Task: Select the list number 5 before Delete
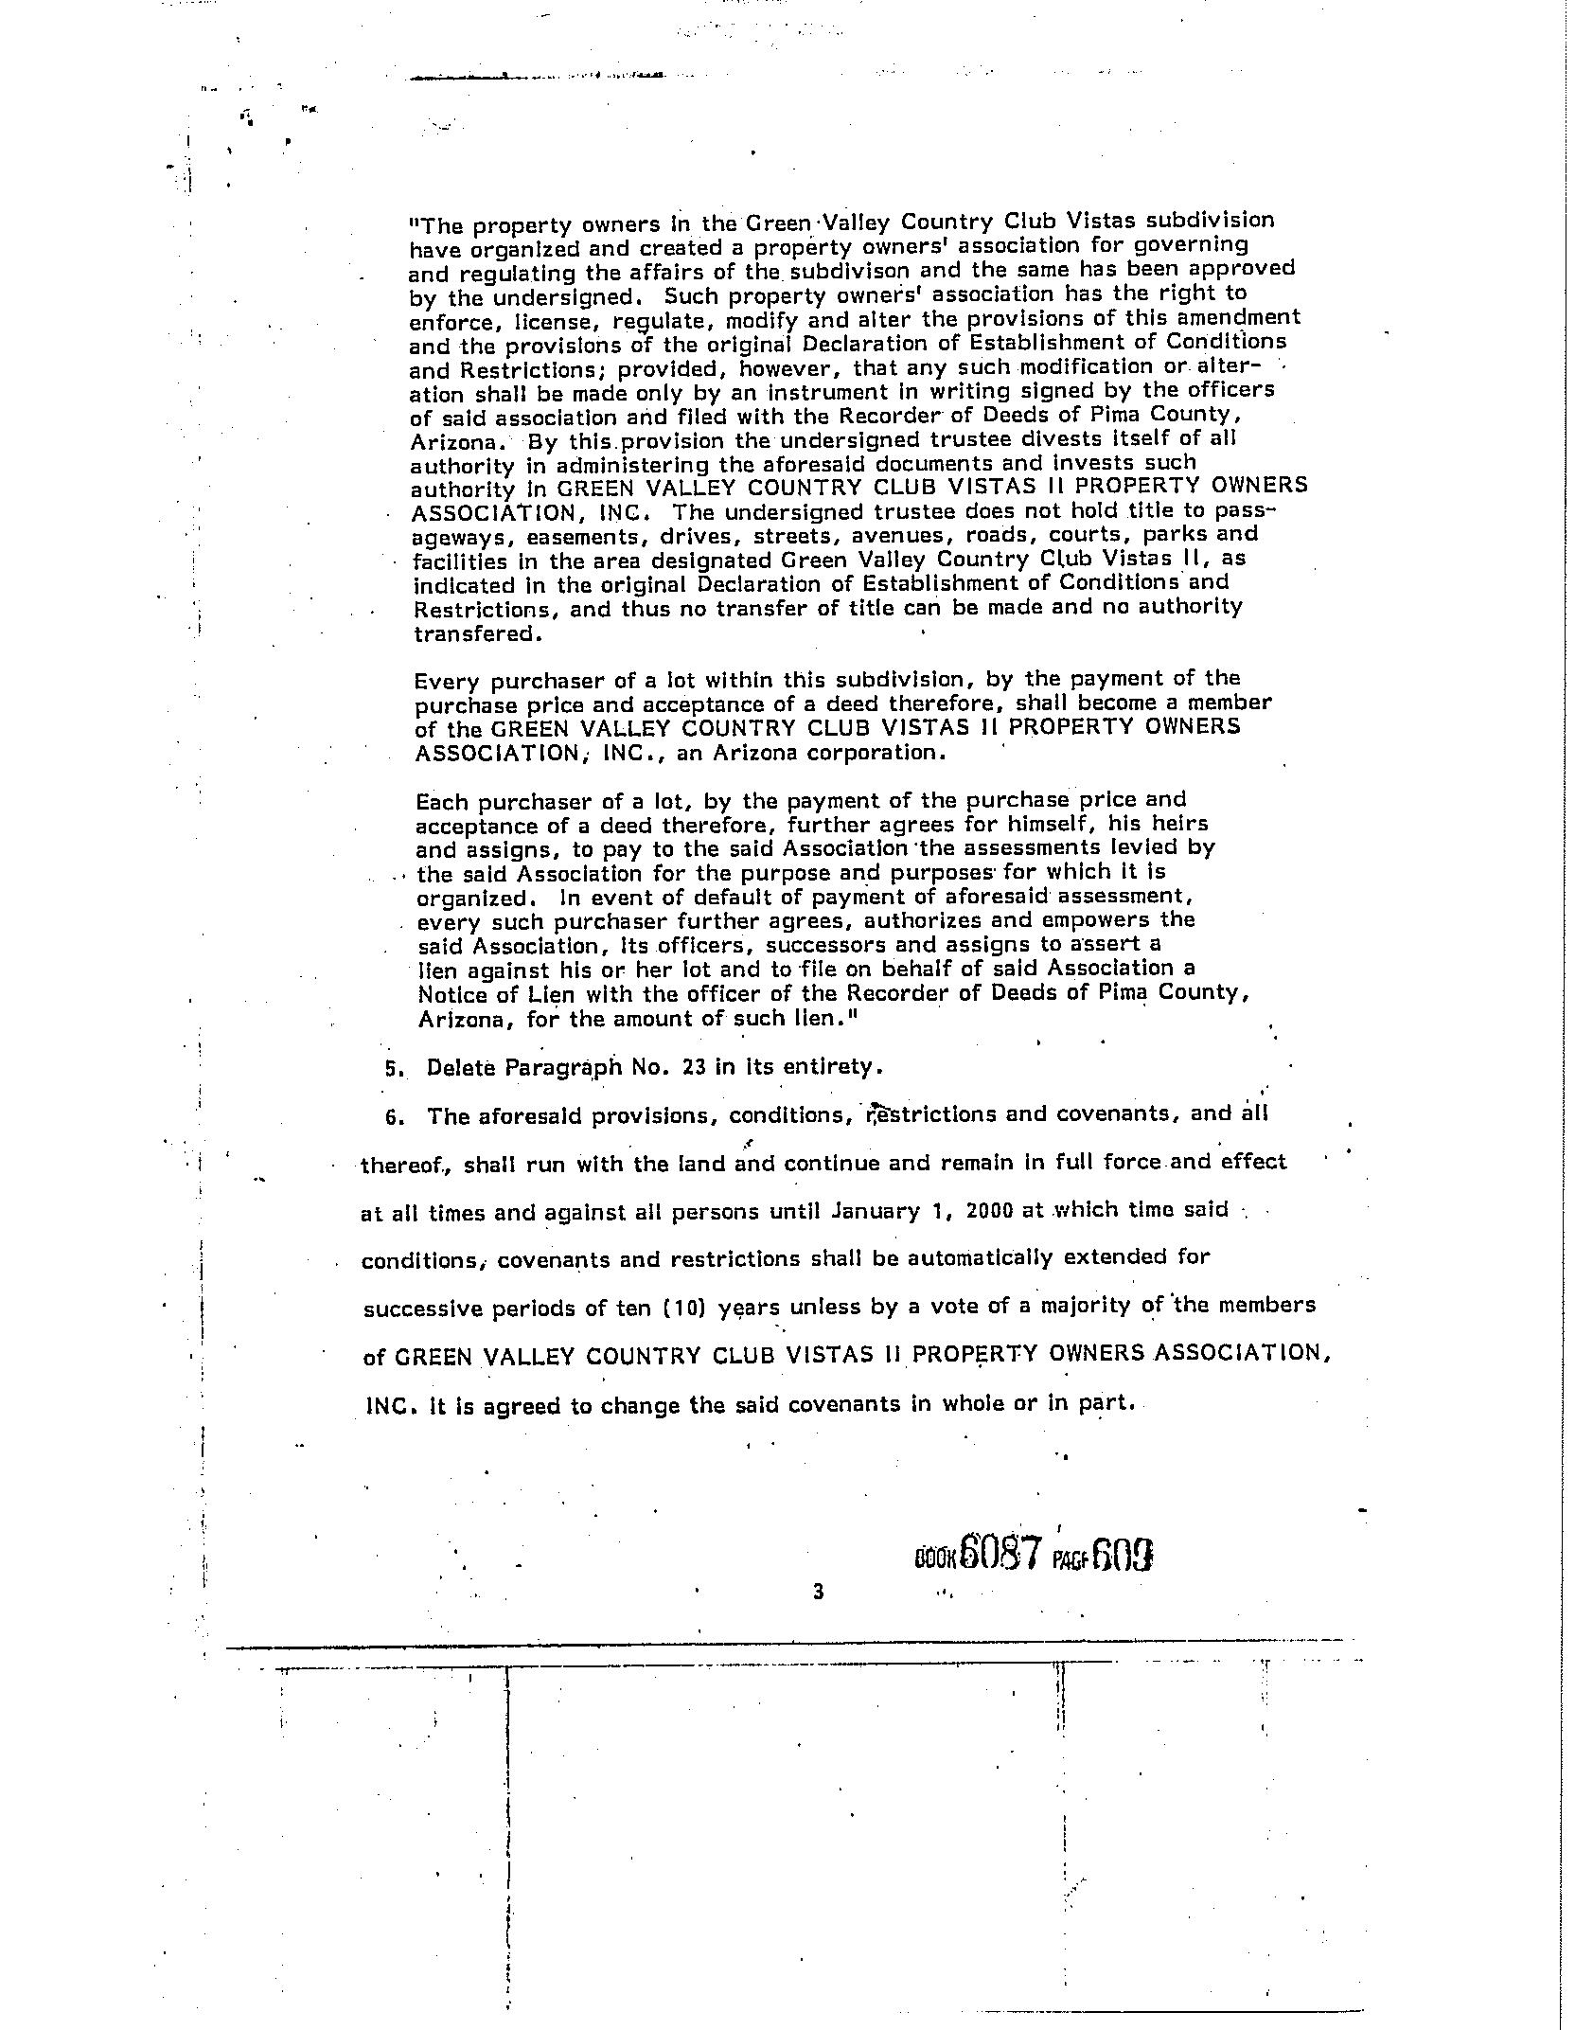pyautogui.click(x=391, y=1069)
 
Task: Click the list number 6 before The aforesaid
pyautogui.click(x=391, y=1117)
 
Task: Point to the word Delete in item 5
pyautogui.click(x=461, y=1068)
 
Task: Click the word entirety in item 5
pyautogui.click(x=834, y=1067)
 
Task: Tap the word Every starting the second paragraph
pyautogui.click(x=445, y=681)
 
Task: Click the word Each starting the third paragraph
pyautogui.click(x=441, y=803)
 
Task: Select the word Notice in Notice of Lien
pyautogui.click(x=451, y=995)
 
